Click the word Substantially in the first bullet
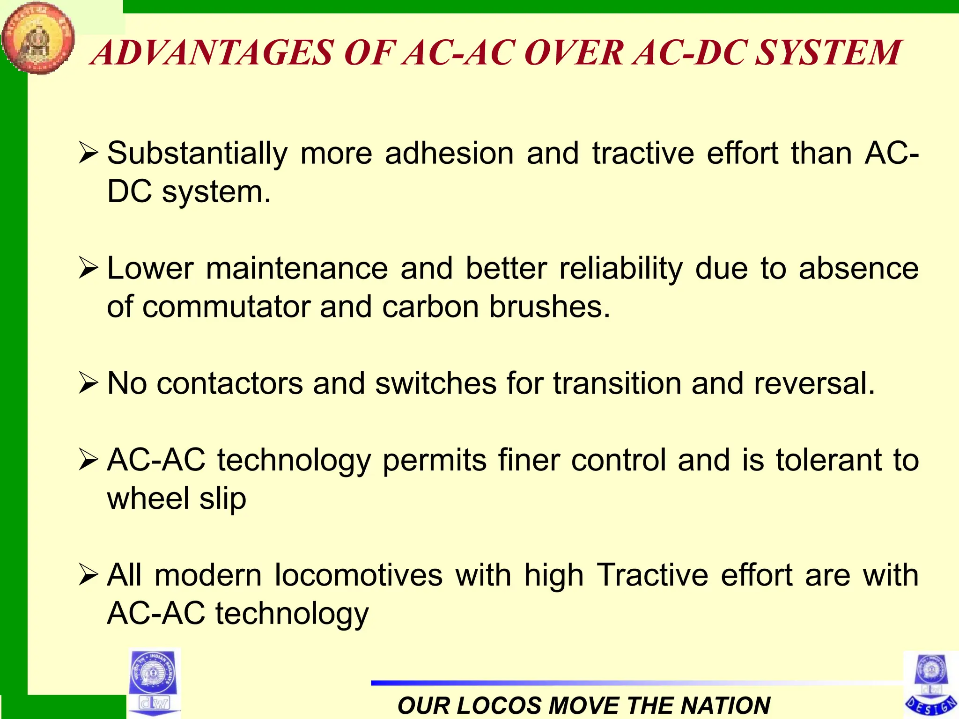coord(197,154)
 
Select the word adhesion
coord(449,154)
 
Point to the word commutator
coord(226,307)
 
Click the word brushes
coord(550,307)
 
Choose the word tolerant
coord(829,460)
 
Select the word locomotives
coord(358,575)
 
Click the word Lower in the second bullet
coord(150,269)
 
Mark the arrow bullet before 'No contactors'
coord(88,383)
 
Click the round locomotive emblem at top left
coord(37,37)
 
